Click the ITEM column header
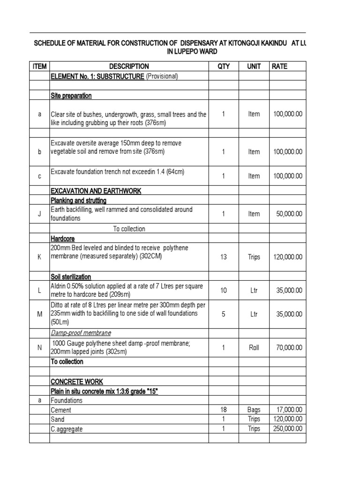(x=40, y=67)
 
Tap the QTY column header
(x=224, y=67)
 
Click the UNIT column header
(x=254, y=67)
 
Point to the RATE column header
(x=280, y=67)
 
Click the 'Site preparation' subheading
(x=71, y=96)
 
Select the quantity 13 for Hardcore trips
(x=224, y=257)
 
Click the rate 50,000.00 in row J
(x=289, y=214)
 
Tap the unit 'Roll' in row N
(x=254, y=347)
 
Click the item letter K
(x=40, y=257)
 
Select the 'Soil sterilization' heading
(x=71, y=277)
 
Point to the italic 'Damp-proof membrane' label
(x=81, y=333)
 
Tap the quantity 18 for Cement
(x=224, y=410)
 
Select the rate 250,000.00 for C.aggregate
(x=287, y=428)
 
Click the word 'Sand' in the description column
(x=58, y=420)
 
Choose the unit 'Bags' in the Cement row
(x=254, y=410)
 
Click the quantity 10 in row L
(x=224, y=291)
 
